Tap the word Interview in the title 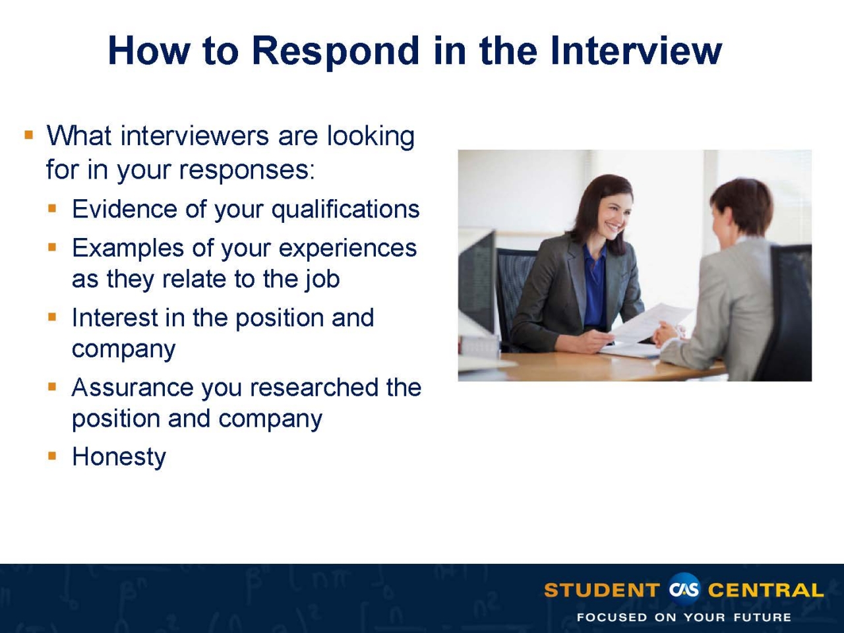[636, 50]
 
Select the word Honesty [119, 457]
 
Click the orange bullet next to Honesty [53, 456]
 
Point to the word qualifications [346, 210]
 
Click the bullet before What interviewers [28, 136]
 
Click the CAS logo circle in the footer [684, 589]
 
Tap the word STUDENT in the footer [601, 590]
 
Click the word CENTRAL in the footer [766, 590]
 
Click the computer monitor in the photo [476, 284]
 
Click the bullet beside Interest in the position [53, 317]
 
